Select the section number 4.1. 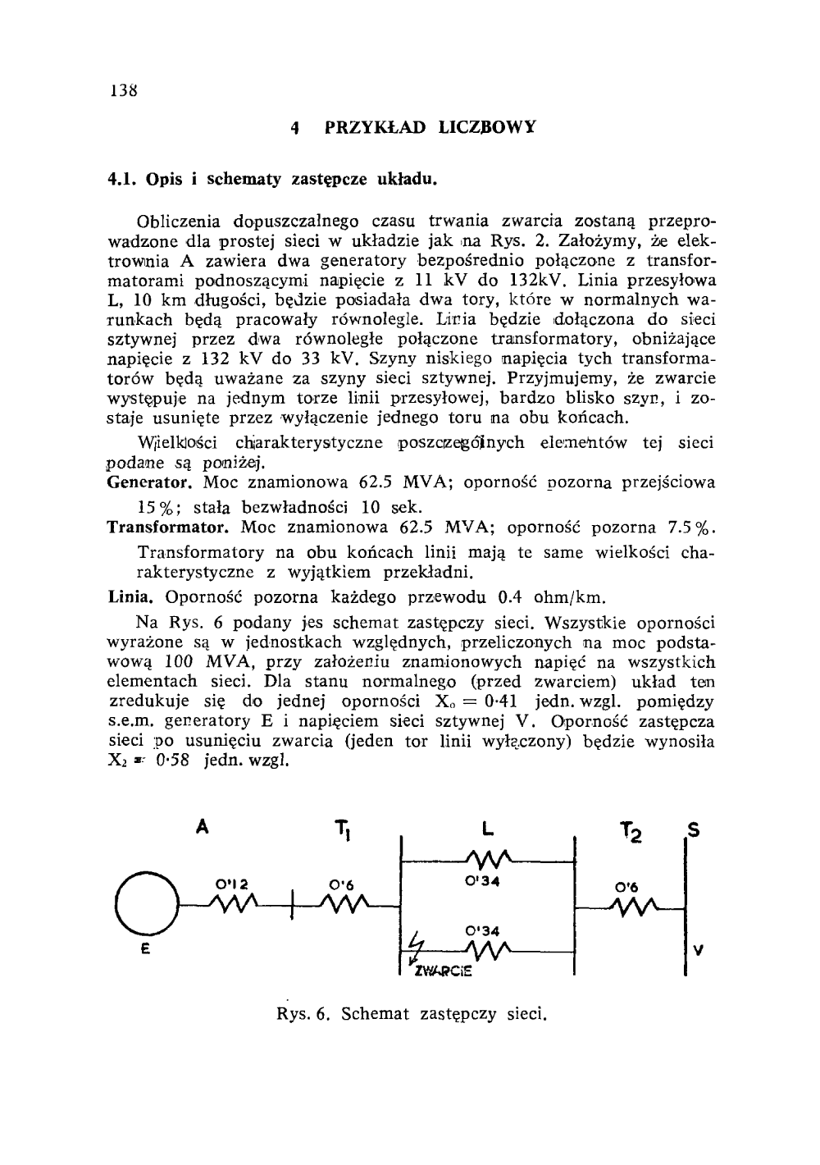click(x=123, y=177)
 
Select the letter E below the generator click(x=145, y=948)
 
